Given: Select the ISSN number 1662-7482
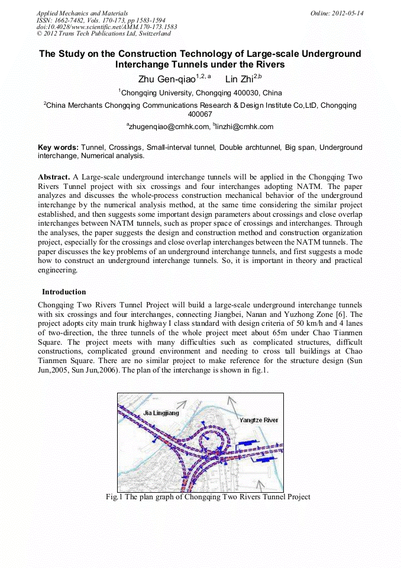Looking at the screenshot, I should [x=70, y=20].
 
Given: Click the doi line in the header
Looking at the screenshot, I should [x=106, y=27].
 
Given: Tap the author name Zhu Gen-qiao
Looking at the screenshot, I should [x=161, y=79].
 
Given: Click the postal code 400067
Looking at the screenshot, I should [x=200, y=114].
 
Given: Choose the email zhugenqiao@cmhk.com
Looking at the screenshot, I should [x=169, y=127].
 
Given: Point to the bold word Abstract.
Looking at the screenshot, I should [x=54, y=177].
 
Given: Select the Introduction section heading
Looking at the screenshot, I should [x=64, y=292].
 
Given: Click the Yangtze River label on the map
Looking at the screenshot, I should [x=258, y=420].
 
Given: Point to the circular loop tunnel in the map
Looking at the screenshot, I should [x=208, y=441].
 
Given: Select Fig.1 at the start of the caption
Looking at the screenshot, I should [x=114, y=497].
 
